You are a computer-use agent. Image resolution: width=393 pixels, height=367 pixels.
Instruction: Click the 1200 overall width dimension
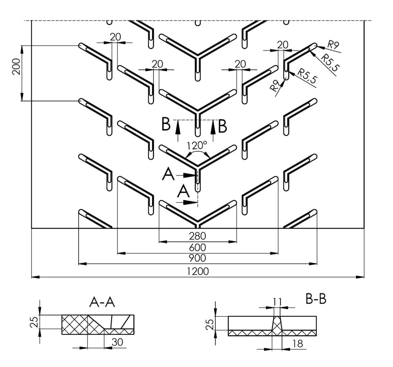pyautogui.click(x=198, y=271)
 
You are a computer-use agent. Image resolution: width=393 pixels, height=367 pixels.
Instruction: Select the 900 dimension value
pyautogui.click(x=198, y=258)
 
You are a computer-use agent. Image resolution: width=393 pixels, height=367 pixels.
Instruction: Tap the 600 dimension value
pyautogui.click(x=198, y=247)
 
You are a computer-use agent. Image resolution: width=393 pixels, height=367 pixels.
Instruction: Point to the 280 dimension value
pyautogui.click(x=198, y=236)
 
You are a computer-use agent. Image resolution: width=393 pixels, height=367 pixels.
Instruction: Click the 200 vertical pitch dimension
pyautogui.click(x=17, y=66)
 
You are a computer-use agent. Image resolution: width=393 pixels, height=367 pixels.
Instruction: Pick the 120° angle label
pyautogui.click(x=197, y=145)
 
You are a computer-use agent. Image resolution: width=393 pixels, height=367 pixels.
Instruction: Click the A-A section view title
pyautogui.click(x=102, y=303)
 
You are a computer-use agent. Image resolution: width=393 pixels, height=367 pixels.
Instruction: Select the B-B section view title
pyautogui.click(x=316, y=299)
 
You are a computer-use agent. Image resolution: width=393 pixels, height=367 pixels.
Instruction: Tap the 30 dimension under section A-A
pyautogui.click(x=117, y=342)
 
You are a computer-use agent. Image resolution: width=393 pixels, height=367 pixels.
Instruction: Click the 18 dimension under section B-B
pyautogui.click(x=298, y=344)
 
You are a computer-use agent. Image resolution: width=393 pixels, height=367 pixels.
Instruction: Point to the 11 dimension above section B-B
pyautogui.click(x=277, y=302)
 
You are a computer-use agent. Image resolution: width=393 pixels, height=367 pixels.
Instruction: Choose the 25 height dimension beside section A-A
pyautogui.click(x=34, y=322)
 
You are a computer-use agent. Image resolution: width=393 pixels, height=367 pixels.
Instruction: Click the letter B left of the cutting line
pyautogui.click(x=166, y=124)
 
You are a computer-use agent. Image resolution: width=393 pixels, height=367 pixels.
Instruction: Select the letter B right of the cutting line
pyautogui.click(x=223, y=126)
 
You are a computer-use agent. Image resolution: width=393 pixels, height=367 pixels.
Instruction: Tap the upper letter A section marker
pyautogui.click(x=168, y=174)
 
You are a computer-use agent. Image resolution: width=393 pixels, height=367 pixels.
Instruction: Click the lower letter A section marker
pyautogui.click(x=183, y=192)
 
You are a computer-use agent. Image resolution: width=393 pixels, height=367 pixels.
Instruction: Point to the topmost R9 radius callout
pyautogui.click(x=334, y=45)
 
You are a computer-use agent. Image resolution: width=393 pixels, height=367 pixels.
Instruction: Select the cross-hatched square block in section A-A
pyautogui.click(x=74, y=324)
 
